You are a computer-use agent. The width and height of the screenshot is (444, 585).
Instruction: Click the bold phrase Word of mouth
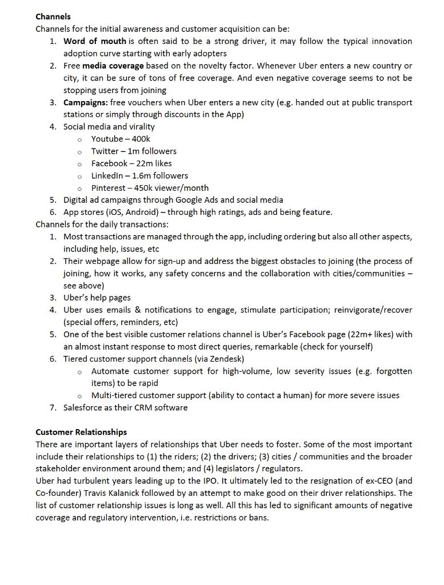(95, 41)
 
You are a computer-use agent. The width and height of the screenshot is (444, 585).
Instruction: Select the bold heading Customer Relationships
(81, 432)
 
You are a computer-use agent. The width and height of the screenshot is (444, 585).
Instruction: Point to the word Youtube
(107, 139)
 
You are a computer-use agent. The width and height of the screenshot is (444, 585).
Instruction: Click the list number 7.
(52, 407)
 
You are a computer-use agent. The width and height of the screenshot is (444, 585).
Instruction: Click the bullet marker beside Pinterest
(79, 189)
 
